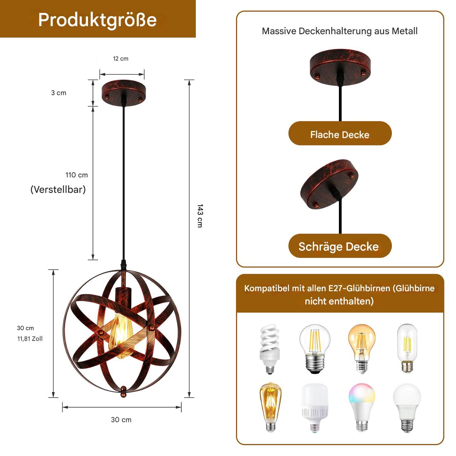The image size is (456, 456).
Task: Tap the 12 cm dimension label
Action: click(121, 59)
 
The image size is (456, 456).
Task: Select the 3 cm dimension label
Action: click(59, 93)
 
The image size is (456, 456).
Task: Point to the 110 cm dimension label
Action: click(77, 175)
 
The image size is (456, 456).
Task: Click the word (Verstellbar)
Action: click(58, 190)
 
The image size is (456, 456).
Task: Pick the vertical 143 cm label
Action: click(200, 215)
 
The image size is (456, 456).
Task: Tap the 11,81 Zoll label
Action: click(30, 339)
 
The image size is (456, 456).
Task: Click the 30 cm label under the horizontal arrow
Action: click(121, 420)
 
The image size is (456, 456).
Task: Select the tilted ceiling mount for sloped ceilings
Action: click(329, 184)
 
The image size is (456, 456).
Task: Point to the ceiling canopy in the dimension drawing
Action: click(124, 92)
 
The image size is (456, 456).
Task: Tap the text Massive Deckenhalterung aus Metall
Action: click(340, 31)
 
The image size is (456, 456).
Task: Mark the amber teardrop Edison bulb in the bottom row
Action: click(271, 408)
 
